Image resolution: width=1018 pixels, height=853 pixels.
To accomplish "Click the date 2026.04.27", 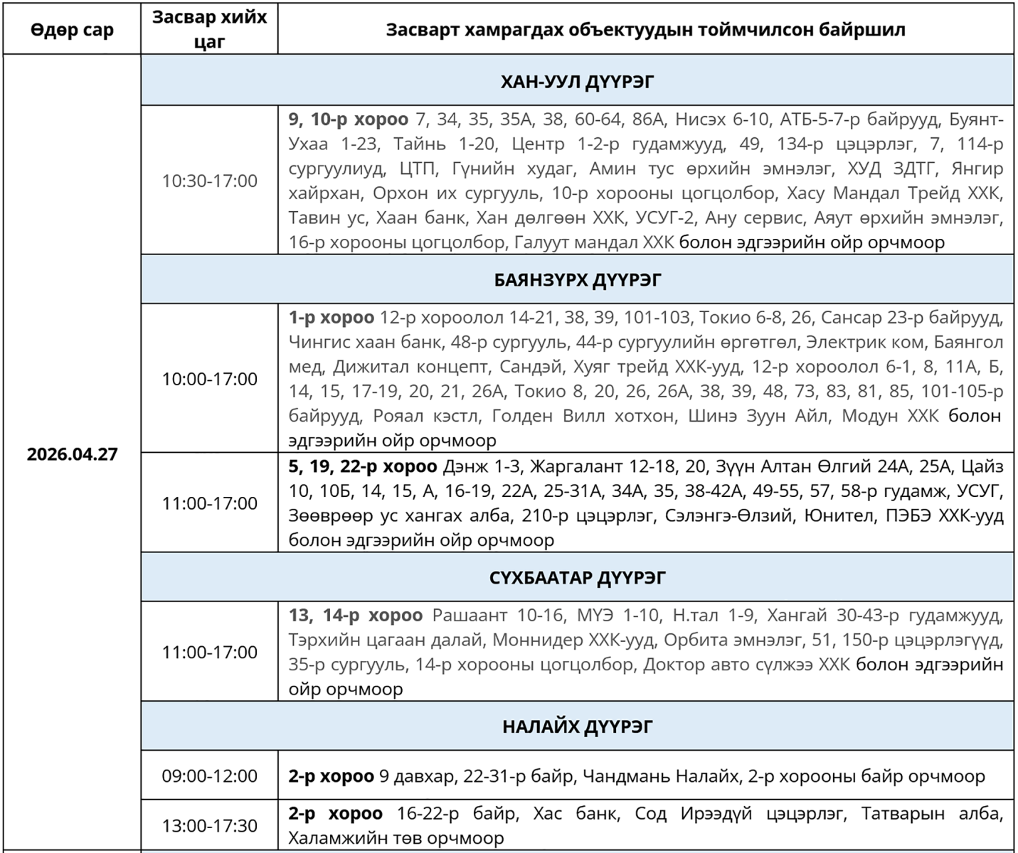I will pyautogui.click(x=72, y=454).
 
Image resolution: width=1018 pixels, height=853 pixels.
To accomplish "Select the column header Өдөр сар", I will pyautogui.click(x=72, y=30).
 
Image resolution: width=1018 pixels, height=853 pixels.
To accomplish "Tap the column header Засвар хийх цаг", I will pyautogui.click(x=209, y=29).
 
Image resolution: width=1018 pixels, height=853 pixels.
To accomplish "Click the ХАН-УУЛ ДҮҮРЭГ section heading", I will pyautogui.click(x=577, y=82).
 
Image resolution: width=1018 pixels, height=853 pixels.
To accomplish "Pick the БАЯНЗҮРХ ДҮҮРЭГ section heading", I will pyautogui.click(x=577, y=280).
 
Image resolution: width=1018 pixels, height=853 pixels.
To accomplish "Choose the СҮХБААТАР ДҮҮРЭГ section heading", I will pyautogui.click(x=577, y=577).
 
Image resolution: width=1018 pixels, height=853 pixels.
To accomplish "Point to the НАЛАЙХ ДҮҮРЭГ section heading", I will pyautogui.click(x=577, y=726).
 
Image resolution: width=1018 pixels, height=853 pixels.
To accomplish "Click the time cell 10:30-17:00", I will pyautogui.click(x=209, y=181).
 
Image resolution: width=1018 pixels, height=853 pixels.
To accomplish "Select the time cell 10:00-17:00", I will pyautogui.click(x=209, y=379).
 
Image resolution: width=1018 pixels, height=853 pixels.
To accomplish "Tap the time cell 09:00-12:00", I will pyautogui.click(x=209, y=776).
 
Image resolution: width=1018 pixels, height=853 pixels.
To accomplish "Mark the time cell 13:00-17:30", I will pyautogui.click(x=209, y=826).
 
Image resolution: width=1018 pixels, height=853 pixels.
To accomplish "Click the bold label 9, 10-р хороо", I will pyautogui.click(x=348, y=119).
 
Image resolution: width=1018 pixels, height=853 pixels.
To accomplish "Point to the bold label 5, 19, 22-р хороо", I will pyautogui.click(x=362, y=466).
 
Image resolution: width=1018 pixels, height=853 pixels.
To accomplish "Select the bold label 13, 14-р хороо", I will pyautogui.click(x=355, y=615).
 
